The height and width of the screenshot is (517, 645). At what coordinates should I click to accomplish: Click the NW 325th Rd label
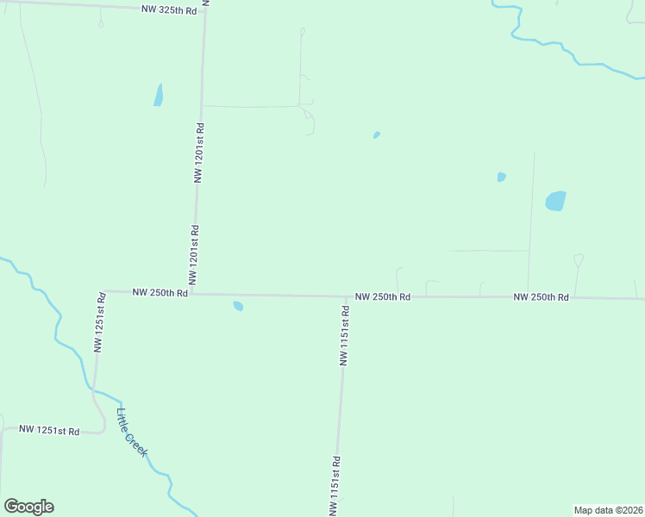pos(169,9)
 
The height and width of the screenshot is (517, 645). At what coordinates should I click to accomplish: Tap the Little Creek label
pos(132,433)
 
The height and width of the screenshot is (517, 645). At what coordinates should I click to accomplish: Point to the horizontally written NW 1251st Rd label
pos(49,430)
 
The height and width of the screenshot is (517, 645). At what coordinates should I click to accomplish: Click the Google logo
pos(28,507)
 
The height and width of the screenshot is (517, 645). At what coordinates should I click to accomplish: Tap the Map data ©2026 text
pos(609,510)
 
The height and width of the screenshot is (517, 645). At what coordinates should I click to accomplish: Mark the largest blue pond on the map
pos(556,201)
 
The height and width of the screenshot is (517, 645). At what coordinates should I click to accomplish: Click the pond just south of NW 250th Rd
pos(238,305)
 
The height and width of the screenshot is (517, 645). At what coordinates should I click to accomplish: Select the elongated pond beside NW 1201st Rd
pos(158,95)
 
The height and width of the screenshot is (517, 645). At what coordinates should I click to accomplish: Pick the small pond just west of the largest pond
pos(501,178)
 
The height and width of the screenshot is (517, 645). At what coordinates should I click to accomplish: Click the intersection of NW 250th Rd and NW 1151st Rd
pos(347,296)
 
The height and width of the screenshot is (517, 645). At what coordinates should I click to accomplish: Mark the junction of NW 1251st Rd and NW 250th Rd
pos(103,291)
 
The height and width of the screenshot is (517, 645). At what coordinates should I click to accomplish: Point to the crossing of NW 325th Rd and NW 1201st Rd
pos(205,10)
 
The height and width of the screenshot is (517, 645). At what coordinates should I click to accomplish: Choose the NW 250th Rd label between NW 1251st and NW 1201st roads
pos(160,292)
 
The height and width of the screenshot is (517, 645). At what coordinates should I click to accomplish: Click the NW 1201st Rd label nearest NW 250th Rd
pos(195,256)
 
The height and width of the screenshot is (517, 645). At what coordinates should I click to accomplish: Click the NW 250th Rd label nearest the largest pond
pos(541,296)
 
